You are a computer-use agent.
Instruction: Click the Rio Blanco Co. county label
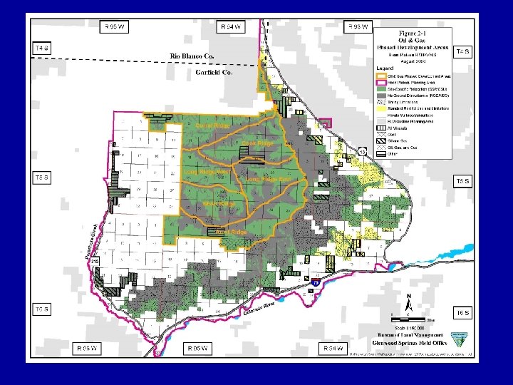[192, 55]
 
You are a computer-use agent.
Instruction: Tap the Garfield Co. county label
[215, 72]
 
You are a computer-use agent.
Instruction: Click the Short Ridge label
[219, 204]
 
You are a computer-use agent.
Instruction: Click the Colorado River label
[259, 309]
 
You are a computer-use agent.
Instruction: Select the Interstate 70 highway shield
[316, 283]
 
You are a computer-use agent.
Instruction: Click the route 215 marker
[95, 263]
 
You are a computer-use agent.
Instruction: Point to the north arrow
[408, 302]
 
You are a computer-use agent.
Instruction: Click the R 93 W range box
[358, 27]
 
